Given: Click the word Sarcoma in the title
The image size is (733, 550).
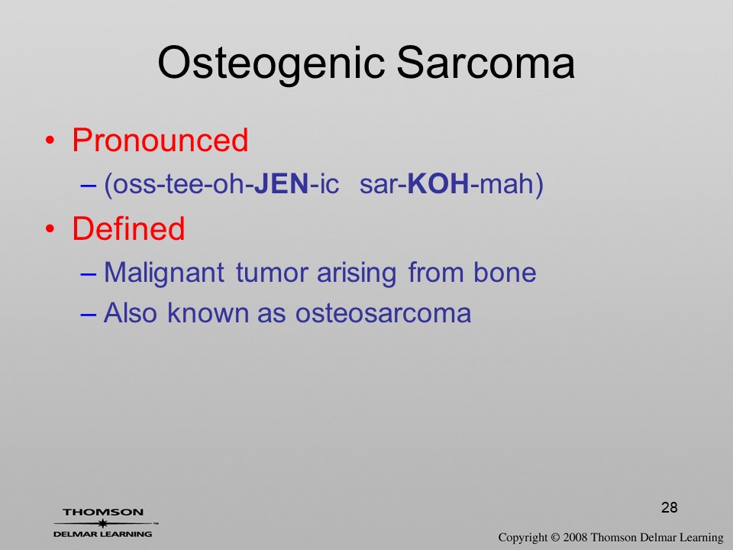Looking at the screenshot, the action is point(486,63).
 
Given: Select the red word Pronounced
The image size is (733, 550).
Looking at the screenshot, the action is point(160,140).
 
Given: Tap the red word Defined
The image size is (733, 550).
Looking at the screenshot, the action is point(128,228).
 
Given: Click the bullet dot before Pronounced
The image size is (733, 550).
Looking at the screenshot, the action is point(50,141).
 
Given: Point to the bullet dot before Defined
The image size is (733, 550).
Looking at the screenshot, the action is point(50,228).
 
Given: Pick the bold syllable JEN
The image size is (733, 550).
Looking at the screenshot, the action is point(282,183).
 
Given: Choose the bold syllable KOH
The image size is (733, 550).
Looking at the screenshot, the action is point(438,183).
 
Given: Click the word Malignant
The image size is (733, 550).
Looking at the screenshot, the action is point(164,273).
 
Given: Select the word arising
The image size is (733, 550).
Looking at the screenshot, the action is point(357,273).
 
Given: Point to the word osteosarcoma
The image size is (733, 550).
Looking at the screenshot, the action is point(383,313).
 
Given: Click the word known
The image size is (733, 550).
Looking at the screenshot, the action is point(208,312).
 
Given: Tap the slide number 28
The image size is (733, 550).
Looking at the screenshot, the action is point(670,507).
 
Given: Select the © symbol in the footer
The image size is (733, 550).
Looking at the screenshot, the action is point(555,537).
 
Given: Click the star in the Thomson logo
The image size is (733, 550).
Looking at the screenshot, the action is point(103,522).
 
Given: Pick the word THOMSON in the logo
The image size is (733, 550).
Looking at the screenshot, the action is point(103,513).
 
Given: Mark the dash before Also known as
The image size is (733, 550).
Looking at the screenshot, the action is point(88,314).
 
